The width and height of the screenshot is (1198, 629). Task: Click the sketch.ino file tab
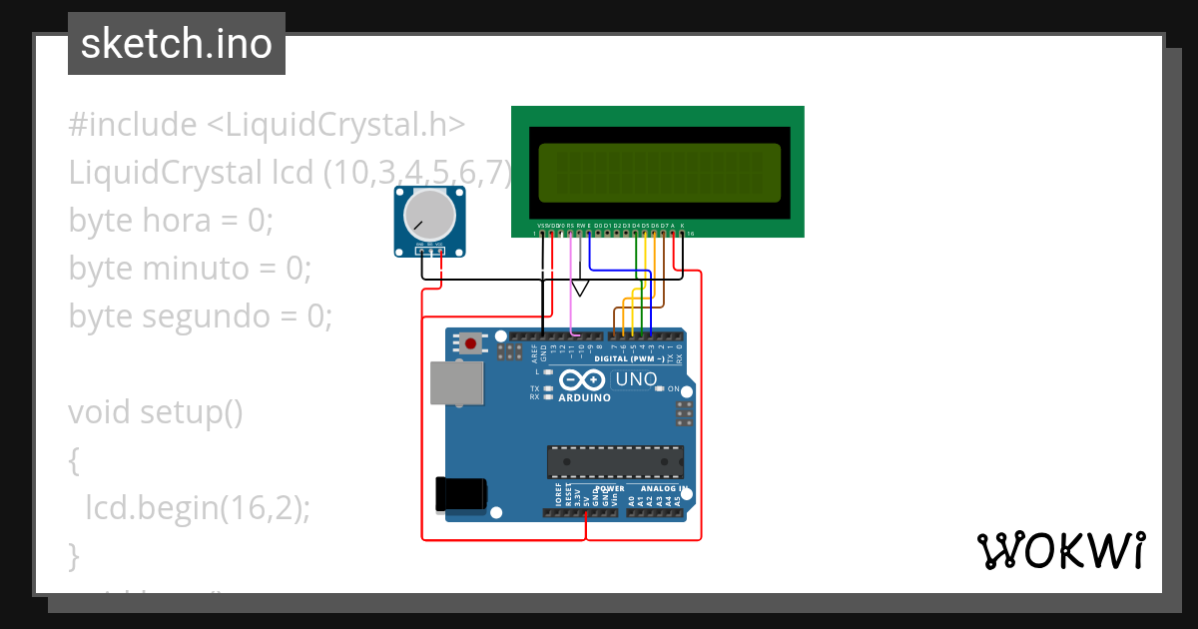pos(176,44)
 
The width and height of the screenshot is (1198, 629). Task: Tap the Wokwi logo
pos(1060,550)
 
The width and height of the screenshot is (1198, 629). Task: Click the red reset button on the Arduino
pos(470,343)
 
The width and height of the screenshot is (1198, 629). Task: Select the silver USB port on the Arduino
pos(455,383)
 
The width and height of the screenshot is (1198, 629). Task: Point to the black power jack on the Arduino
pos(462,495)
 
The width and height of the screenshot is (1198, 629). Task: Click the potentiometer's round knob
pos(430,215)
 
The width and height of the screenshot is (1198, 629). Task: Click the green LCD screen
pos(659,171)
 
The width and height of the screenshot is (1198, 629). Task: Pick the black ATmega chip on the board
pos(615,462)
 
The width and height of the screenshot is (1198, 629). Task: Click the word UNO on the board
pos(636,379)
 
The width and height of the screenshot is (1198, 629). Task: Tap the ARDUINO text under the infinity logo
pos(583,397)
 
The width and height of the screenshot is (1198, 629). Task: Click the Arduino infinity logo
pos(583,380)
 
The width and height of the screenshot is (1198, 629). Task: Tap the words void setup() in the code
pos(156,411)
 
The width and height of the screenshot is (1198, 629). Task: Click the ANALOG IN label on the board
pos(664,489)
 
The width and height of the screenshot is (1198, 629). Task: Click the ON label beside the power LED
pos(673,388)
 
